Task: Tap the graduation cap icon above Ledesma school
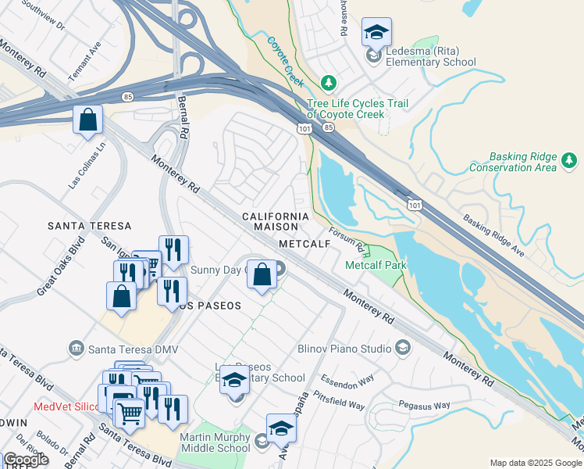click(x=376, y=33)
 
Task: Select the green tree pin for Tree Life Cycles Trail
click(x=329, y=83)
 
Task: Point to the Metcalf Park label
click(x=376, y=265)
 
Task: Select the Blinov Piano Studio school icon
click(x=403, y=347)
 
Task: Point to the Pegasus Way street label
click(x=425, y=406)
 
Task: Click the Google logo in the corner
click(x=26, y=460)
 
